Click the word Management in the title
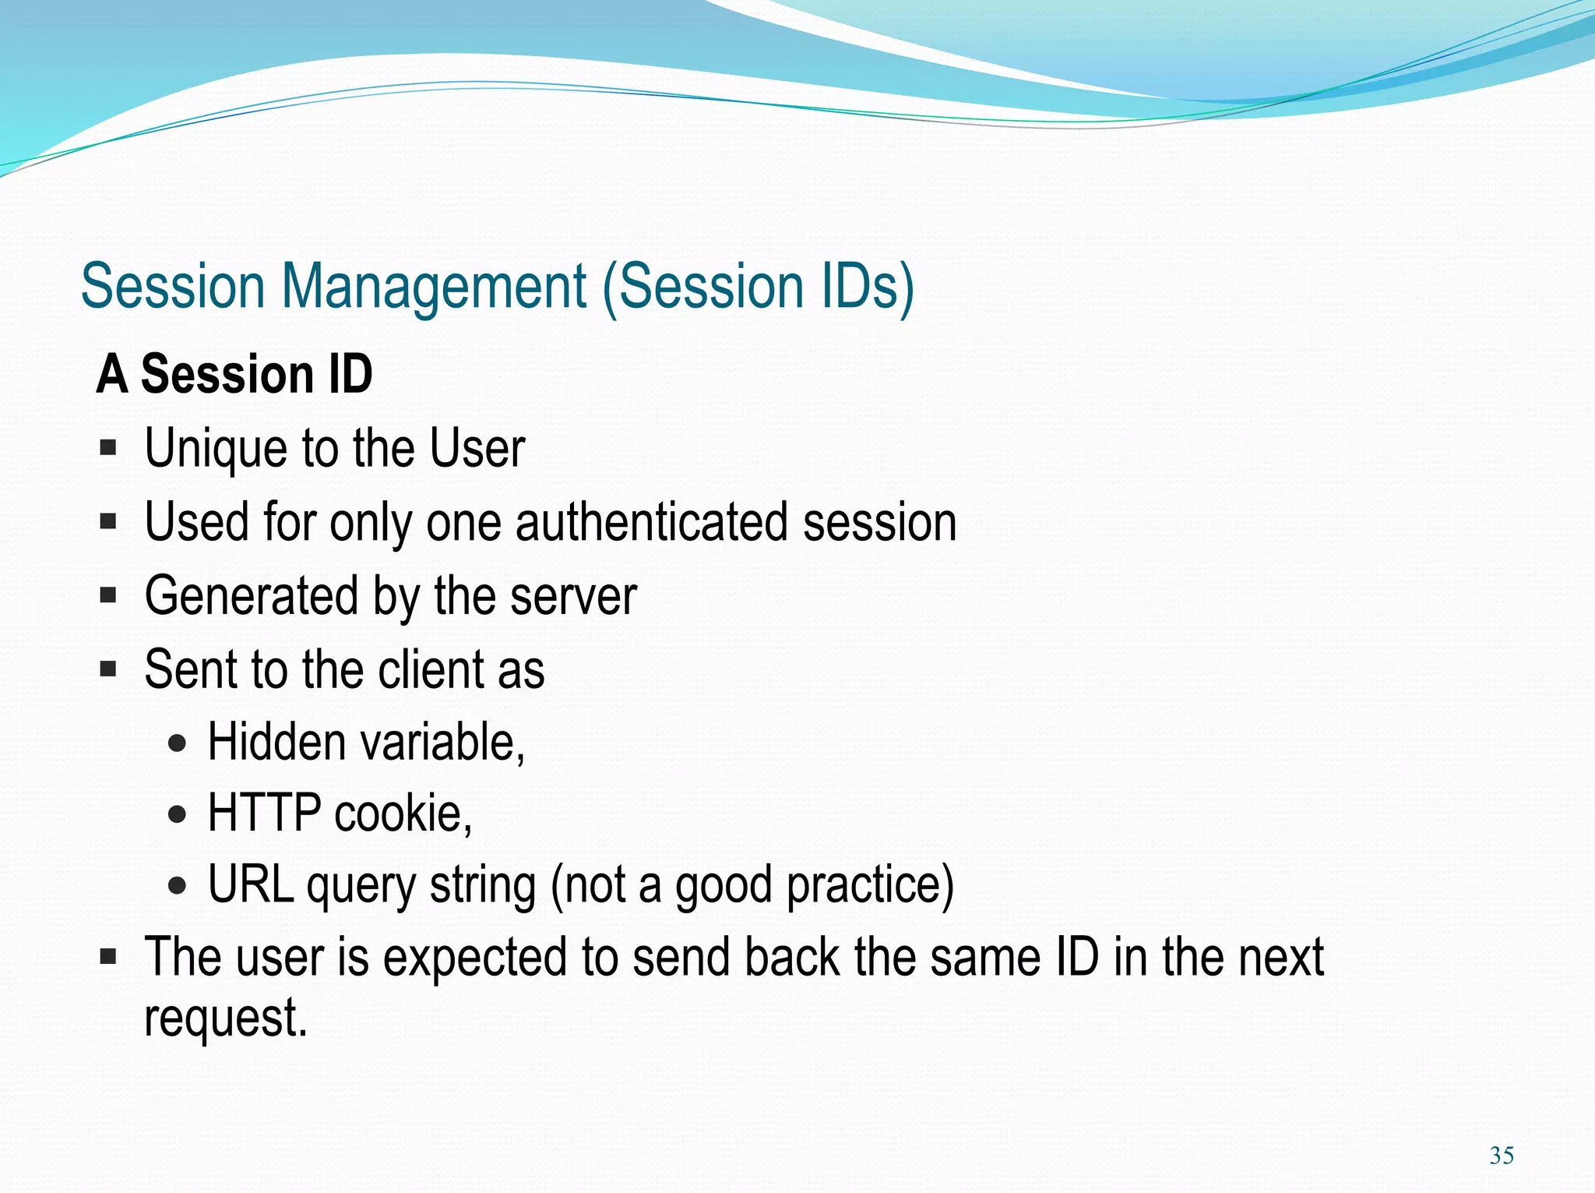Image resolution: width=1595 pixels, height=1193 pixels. (433, 287)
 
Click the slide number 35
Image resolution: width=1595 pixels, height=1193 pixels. (1501, 1155)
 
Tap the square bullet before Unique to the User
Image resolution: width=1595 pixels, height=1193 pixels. (108, 449)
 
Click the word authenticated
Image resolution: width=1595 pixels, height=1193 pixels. (651, 522)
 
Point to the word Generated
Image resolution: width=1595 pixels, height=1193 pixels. (251, 596)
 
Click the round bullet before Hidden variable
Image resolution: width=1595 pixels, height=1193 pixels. (178, 743)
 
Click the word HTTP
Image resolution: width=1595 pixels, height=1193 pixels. (264, 813)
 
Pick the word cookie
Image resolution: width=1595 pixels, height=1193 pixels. (402, 813)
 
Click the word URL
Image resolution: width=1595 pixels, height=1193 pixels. (251, 884)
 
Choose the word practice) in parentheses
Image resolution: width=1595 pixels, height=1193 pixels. (870, 886)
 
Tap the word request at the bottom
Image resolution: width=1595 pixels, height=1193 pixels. (224, 1018)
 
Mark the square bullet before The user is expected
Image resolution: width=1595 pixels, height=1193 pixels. (108, 956)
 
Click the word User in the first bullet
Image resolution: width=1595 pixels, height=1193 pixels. (477, 450)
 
